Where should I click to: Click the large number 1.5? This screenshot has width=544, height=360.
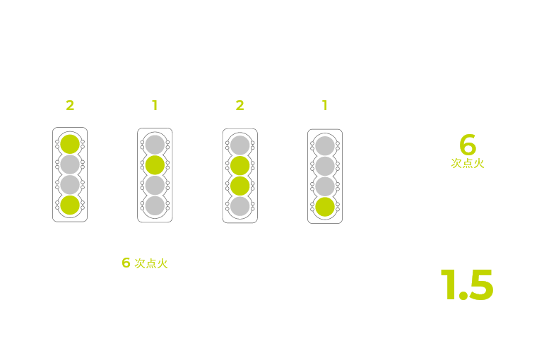(467, 284)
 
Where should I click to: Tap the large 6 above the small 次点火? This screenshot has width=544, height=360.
(468, 144)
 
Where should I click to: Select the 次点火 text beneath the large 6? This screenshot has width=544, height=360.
(467, 163)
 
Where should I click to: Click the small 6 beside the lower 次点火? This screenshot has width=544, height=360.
(126, 263)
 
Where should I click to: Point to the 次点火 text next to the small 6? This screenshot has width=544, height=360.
(151, 264)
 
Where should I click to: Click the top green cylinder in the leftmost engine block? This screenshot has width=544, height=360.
(70, 144)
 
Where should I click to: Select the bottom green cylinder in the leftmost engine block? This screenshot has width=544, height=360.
(70, 205)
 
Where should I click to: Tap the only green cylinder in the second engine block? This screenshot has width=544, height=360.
(155, 165)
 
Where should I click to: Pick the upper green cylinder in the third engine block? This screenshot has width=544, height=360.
(240, 166)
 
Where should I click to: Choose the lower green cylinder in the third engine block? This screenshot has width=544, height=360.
(240, 186)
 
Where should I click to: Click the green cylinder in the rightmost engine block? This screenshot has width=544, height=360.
(325, 207)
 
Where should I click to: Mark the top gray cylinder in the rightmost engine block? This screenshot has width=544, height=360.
(325, 146)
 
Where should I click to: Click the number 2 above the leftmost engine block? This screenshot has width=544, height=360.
(70, 105)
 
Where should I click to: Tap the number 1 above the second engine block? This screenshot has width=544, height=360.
(155, 105)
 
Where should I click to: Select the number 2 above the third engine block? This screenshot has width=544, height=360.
(240, 105)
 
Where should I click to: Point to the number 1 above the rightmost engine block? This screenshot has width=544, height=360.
(325, 105)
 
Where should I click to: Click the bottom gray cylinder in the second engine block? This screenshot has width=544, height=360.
(155, 206)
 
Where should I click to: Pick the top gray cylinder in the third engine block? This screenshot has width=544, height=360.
(240, 145)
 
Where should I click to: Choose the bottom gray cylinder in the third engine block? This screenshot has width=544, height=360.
(240, 207)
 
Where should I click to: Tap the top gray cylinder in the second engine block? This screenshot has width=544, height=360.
(155, 145)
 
